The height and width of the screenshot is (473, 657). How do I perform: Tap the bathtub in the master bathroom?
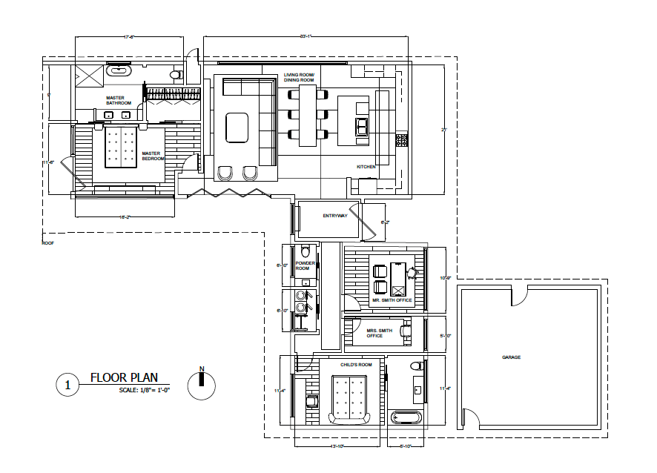[x=119, y=73]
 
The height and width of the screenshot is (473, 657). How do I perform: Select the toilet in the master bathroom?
[x=176, y=75]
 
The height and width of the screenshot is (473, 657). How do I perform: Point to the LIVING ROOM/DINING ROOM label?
[x=300, y=78]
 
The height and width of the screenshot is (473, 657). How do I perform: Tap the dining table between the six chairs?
[x=307, y=113]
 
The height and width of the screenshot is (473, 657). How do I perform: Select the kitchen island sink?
[x=362, y=127]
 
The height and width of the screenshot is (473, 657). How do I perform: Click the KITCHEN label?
[x=366, y=167]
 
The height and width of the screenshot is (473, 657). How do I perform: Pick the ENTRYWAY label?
[x=335, y=216]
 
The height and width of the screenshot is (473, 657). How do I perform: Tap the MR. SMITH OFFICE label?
[x=392, y=300]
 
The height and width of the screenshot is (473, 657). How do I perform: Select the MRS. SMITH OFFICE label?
[x=374, y=333]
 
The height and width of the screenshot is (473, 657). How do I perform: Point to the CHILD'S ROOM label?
[x=356, y=365]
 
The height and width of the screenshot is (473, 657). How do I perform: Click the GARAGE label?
[x=511, y=357]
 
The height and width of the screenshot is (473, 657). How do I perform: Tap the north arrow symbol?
[x=202, y=383]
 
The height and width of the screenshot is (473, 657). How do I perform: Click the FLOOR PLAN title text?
[x=124, y=377]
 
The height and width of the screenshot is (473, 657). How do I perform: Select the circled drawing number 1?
[x=67, y=385]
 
